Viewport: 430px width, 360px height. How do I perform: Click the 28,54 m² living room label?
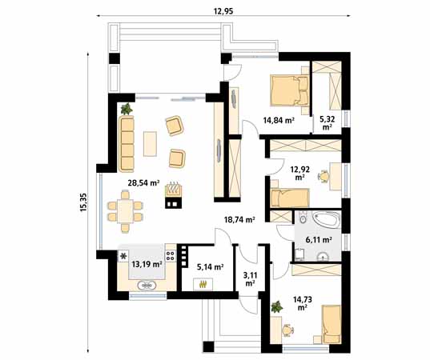(143, 182)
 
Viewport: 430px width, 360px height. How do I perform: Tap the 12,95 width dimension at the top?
(223, 11)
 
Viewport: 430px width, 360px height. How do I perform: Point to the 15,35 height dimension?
(83, 202)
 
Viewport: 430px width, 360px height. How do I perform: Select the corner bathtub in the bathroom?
(327, 219)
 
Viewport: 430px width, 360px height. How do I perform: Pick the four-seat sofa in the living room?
(127, 144)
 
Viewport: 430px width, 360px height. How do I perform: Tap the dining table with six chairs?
(125, 211)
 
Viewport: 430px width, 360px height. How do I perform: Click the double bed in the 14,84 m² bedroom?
(290, 90)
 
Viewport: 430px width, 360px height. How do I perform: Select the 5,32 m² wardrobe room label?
(328, 122)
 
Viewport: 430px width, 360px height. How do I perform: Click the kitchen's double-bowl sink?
(147, 286)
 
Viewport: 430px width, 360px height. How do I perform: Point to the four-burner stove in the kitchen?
(171, 256)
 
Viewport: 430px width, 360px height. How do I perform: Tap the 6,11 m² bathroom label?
(319, 240)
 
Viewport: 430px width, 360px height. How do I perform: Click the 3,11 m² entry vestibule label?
(250, 278)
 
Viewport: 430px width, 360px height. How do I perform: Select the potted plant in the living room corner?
(127, 109)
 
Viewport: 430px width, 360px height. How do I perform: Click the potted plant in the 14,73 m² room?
(277, 307)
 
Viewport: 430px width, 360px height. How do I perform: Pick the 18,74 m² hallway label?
(240, 219)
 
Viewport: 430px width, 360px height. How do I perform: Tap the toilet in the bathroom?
(303, 218)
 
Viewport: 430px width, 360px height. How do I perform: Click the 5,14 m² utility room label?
(210, 266)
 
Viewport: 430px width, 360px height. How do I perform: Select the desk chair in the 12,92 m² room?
(324, 176)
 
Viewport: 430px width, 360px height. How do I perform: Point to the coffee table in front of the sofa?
(150, 144)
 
